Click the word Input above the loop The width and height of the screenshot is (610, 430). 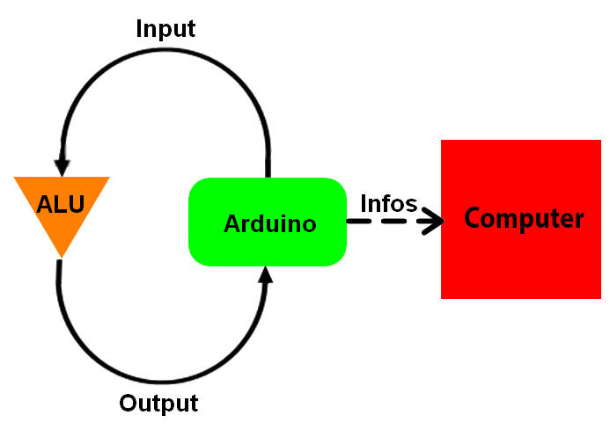tap(165, 28)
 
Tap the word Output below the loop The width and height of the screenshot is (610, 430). tap(158, 404)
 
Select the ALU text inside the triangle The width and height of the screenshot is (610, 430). tap(61, 205)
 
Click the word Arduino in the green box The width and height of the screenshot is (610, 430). tap(269, 223)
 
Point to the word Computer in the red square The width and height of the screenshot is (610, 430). tap(524, 218)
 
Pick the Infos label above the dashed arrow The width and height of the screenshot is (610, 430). tap(388, 203)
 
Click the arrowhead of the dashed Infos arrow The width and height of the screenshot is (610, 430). tap(434, 222)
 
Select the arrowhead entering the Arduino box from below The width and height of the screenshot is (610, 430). tap(267, 275)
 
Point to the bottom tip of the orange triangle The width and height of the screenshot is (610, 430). tap(62, 256)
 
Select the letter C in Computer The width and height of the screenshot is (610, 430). tap(474, 218)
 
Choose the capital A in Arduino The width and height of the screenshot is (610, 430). tap(232, 223)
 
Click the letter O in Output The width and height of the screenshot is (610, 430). tap(129, 404)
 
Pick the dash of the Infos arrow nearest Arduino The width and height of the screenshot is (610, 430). tap(357, 222)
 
